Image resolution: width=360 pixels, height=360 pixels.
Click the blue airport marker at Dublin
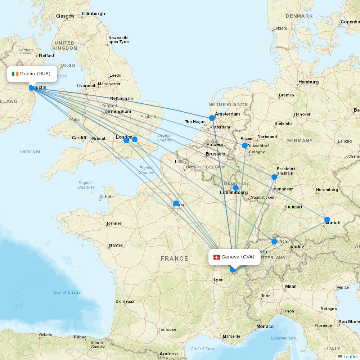(x=32, y=88)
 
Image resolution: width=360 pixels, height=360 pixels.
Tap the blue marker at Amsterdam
(x=212, y=118)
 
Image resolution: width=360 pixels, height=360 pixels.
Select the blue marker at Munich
(x=327, y=220)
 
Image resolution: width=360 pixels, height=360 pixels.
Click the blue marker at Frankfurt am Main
(x=274, y=177)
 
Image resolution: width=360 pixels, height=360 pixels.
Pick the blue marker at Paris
(x=176, y=203)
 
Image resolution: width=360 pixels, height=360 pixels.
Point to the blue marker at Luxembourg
(x=236, y=188)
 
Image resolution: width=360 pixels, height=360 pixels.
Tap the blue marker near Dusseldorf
(x=245, y=145)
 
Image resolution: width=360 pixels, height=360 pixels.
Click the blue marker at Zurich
(x=274, y=241)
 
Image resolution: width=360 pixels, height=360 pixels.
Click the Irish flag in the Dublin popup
(x=15, y=74)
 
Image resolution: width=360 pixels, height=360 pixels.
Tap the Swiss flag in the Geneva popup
(x=217, y=257)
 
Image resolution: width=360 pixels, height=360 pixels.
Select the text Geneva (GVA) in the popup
(x=238, y=257)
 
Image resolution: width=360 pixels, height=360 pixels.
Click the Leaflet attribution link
(x=350, y=356)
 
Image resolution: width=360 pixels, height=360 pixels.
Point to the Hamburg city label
(x=309, y=82)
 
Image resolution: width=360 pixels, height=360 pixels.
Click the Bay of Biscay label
(x=67, y=292)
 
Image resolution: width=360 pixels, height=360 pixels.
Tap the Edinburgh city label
(x=94, y=14)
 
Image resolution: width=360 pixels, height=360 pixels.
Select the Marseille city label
(x=231, y=337)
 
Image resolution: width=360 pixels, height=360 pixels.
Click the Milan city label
(x=291, y=287)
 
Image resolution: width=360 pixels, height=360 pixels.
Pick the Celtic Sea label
(x=30, y=151)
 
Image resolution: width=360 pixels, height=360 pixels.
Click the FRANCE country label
(x=174, y=258)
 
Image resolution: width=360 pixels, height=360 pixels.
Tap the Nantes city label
(x=116, y=245)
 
